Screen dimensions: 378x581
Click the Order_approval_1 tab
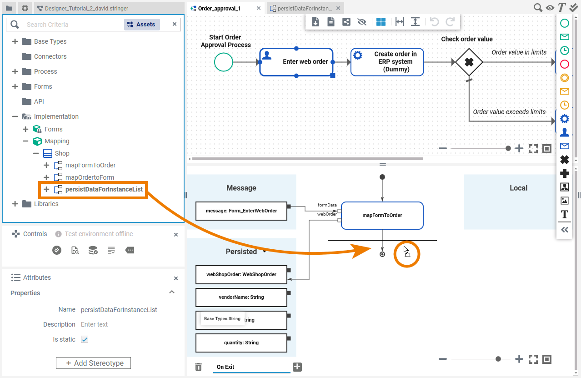pyautogui.click(x=220, y=8)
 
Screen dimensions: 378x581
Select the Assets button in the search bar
pyautogui.click(x=142, y=25)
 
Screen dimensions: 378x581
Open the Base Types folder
pyautogui.click(x=50, y=41)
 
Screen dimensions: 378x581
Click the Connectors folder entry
pyautogui.click(x=50, y=56)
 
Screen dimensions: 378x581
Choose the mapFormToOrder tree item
pyautogui.click(x=90, y=165)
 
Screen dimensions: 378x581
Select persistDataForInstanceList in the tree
pyautogui.click(x=104, y=189)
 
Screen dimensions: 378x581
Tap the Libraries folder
pyautogui.click(x=46, y=204)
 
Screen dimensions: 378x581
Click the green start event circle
pyautogui.click(x=224, y=62)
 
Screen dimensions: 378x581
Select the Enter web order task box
pyautogui.click(x=296, y=62)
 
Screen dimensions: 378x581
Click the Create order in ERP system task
pyautogui.click(x=387, y=62)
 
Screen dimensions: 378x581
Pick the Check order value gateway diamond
pyautogui.click(x=469, y=62)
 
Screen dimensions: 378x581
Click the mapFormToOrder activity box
pyautogui.click(x=382, y=215)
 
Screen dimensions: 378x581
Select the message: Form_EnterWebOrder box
pyautogui.click(x=241, y=211)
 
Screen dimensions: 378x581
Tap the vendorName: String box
pyautogui.click(x=241, y=297)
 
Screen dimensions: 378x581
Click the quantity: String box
pyautogui.click(x=241, y=343)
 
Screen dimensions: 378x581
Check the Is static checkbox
pyautogui.click(x=85, y=339)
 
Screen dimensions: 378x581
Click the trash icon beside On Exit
pyautogui.click(x=198, y=367)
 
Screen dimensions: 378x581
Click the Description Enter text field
pyautogui.click(x=95, y=324)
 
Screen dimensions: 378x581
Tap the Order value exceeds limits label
pyautogui.click(x=509, y=112)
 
